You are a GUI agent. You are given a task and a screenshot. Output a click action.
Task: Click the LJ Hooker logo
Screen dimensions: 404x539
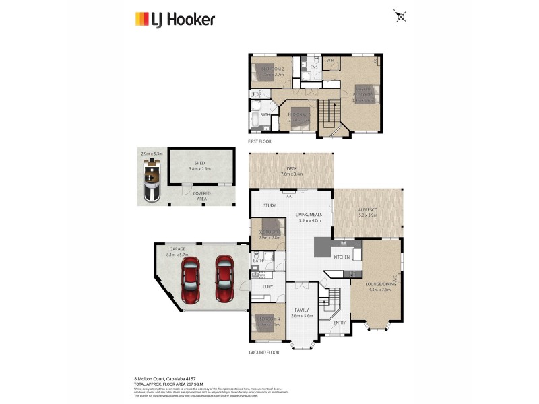175,19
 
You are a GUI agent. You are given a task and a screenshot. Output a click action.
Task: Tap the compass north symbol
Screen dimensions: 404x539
402,17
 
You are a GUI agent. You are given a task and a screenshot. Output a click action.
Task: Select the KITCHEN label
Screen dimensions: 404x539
342,257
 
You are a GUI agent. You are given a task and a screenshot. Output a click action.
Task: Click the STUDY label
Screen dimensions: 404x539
270,205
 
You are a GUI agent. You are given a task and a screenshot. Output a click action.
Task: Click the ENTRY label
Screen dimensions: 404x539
339,322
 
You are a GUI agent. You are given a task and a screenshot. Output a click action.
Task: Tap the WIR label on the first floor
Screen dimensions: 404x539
330,61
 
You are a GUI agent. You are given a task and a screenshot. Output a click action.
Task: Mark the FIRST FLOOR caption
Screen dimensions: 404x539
261,142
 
